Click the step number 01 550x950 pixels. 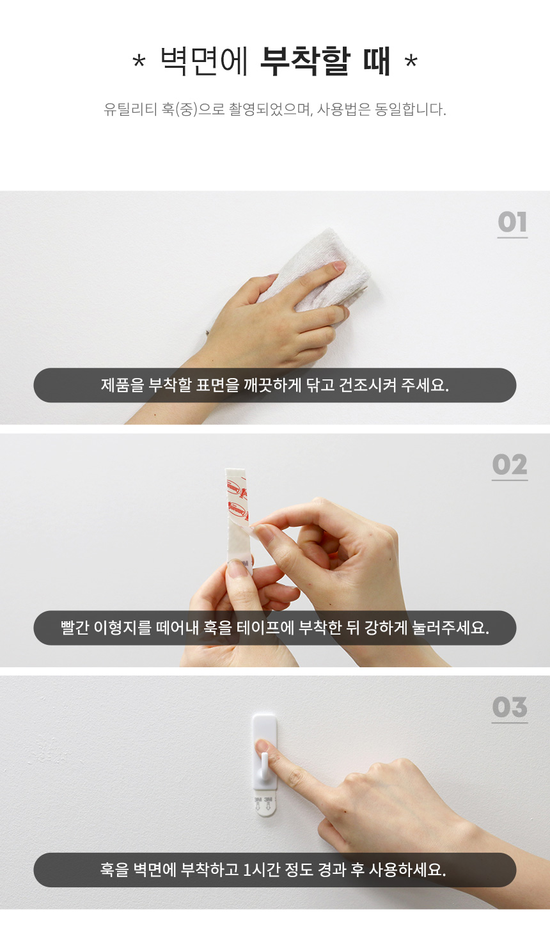tap(512, 222)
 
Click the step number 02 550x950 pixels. tap(510, 464)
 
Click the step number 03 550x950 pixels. tap(510, 707)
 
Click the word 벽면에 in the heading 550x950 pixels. tap(204, 61)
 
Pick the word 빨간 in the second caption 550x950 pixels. tap(75, 628)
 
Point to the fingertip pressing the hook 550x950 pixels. tap(263, 746)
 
